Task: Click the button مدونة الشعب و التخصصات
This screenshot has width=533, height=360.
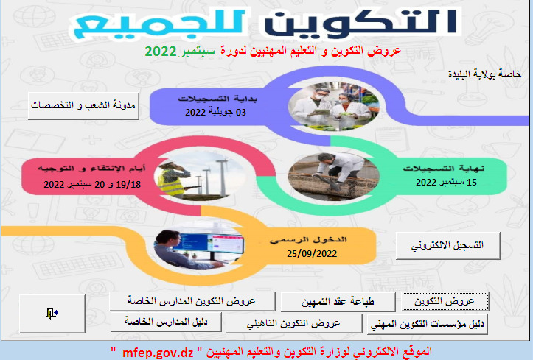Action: click(83, 105)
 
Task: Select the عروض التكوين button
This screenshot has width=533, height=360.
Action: click(445, 301)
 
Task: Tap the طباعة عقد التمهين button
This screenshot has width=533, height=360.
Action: click(338, 302)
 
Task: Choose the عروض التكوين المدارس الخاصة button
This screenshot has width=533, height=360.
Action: click(192, 301)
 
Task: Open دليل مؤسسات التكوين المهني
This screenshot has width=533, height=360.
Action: click(428, 324)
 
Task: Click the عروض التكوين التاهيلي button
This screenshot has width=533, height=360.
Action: click(293, 323)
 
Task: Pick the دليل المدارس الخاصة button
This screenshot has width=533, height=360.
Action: click(166, 322)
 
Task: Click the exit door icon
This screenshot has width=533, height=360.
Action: click(52, 313)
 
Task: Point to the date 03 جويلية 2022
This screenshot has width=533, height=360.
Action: click(215, 113)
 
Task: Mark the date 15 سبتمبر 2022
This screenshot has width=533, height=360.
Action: click(446, 182)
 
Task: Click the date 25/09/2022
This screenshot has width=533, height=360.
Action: click(312, 253)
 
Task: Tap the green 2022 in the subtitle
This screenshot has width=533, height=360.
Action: click(161, 52)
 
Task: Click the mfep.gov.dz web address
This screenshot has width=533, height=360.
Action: click(158, 353)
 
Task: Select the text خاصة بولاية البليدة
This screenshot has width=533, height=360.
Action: click(484, 74)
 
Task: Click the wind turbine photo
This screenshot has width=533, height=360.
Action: click(201, 175)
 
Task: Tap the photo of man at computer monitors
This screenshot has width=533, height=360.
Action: click(199, 250)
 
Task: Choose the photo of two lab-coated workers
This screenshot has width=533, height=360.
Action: click(333, 106)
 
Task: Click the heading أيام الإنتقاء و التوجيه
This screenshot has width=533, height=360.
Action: click(91, 169)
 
